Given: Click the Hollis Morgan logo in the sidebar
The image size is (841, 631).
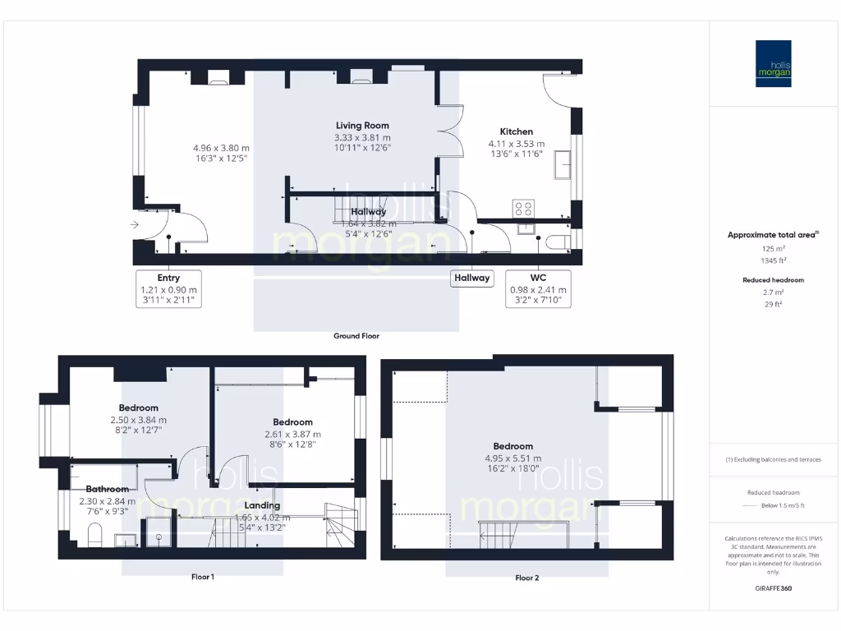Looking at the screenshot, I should (x=773, y=64).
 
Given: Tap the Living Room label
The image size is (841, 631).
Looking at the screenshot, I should (x=362, y=126).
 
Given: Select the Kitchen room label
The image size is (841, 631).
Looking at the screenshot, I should (x=517, y=131).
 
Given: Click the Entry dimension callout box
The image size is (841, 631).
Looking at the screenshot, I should (x=168, y=289).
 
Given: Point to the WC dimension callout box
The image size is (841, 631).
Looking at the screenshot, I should (x=539, y=289).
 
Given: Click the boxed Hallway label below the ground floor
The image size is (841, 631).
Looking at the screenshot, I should (x=472, y=278).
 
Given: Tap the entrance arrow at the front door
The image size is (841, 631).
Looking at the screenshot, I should (x=134, y=224).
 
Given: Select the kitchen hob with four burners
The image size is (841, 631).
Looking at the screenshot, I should (x=523, y=208).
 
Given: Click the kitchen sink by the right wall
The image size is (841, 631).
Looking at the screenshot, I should (x=563, y=164).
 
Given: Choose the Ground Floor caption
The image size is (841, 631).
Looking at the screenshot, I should (x=356, y=336).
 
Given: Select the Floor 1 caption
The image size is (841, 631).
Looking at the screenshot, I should (x=202, y=578).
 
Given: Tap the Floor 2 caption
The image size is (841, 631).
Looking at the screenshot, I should (x=526, y=578).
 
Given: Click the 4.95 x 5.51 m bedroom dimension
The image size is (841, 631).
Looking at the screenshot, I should (x=513, y=458).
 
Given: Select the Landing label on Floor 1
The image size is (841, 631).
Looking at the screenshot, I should (x=262, y=505).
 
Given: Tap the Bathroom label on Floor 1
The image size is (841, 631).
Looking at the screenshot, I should (x=107, y=489).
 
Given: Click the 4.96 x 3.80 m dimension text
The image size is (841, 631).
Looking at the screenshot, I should (x=215, y=148).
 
